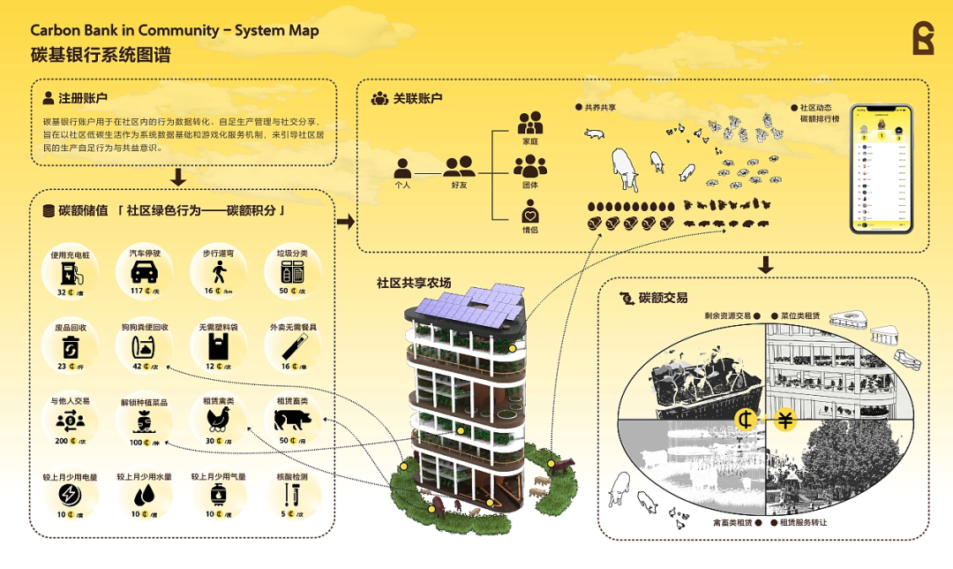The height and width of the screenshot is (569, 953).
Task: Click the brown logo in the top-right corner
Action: click(x=923, y=39)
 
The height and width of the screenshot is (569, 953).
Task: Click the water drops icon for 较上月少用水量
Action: click(x=144, y=494)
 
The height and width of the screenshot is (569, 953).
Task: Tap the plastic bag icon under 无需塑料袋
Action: click(x=218, y=345)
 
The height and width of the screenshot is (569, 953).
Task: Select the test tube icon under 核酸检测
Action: click(x=292, y=494)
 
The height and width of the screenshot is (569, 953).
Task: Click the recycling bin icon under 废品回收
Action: click(x=71, y=345)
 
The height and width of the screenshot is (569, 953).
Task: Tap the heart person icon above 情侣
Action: click(x=529, y=213)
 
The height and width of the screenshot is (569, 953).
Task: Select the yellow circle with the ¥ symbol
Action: click(x=784, y=419)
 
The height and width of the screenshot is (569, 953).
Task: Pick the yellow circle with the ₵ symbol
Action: click(x=747, y=419)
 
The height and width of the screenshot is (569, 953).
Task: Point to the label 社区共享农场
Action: click(x=414, y=283)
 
